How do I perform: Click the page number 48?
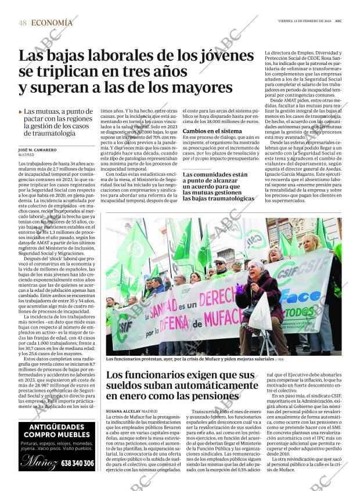tap(23, 23)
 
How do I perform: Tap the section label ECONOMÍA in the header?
tap(52, 23)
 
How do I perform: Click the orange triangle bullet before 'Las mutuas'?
tap(21, 111)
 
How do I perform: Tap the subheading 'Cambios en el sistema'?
tap(213, 132)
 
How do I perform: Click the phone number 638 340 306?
tap(78, 463)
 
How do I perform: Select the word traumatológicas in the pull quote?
tap(218, 198)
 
